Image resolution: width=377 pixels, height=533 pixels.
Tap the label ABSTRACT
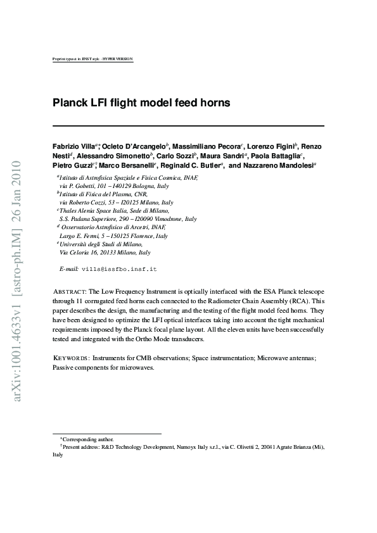68,290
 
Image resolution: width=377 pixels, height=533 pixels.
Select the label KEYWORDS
70,358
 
